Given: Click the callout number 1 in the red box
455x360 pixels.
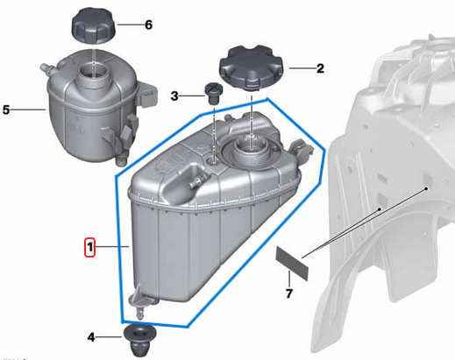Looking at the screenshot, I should (x=89, y=248).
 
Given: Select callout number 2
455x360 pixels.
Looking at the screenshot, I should (x=320, y=67).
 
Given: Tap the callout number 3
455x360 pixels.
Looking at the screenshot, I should (x=175, y=95).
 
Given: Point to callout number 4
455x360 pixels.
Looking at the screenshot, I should (x=92, y=336).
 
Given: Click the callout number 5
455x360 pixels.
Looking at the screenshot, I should (x=6, y=110).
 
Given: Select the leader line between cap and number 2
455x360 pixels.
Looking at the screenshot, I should (x=298, y=67).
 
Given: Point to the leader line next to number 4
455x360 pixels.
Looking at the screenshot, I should (x=112, y=336).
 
